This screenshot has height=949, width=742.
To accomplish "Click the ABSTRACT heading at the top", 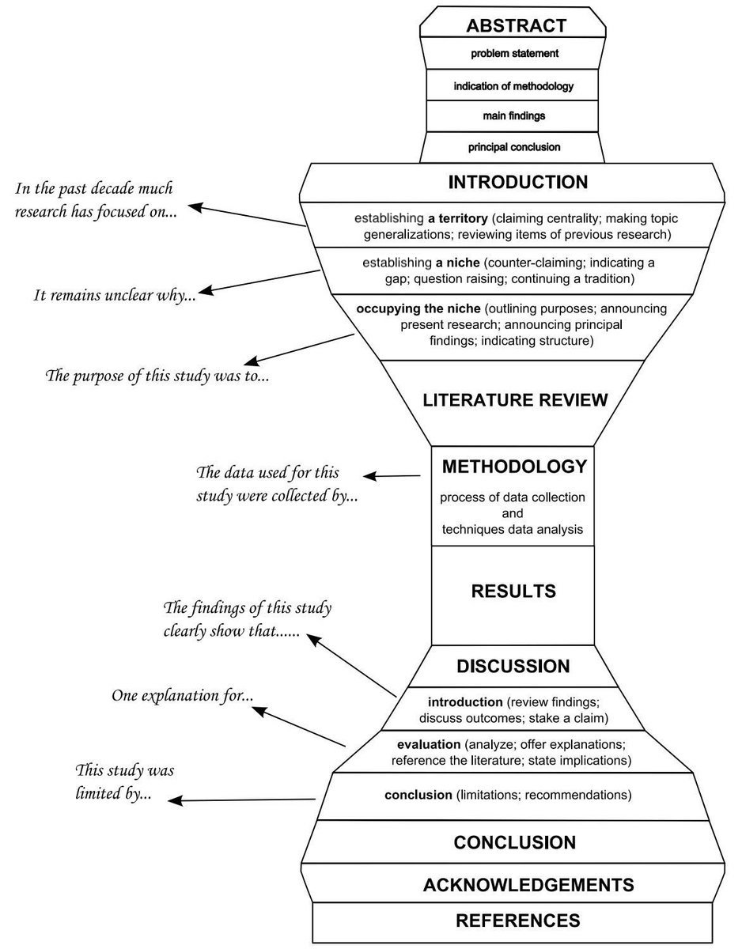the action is click(516, 26).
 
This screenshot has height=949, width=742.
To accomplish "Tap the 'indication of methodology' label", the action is click(513, 86).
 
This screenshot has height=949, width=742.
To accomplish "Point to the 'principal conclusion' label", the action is click(514, 147).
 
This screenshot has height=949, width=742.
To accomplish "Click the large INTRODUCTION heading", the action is click(518, 182).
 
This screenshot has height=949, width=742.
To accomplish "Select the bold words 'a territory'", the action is click(457, 218).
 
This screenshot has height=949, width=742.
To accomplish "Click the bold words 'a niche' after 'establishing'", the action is click(457, 263).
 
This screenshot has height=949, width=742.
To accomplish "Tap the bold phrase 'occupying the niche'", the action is click(418, 308).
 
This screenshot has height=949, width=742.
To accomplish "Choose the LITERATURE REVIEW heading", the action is click(515, 400).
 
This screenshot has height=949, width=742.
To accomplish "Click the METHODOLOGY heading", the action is click(514, 467).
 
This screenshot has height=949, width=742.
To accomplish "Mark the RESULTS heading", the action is click(513, 591).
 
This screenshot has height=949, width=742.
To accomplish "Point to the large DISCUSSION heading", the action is click(513, 666).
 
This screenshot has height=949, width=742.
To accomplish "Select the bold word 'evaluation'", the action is click(429, 744).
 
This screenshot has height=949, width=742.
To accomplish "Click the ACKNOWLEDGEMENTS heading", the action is click(528, 885).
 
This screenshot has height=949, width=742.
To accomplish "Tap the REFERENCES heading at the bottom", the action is click(518, 921).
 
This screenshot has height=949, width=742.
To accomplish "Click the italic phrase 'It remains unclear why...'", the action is click(115, 295).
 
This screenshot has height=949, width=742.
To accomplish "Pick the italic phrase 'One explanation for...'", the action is click(182, 695).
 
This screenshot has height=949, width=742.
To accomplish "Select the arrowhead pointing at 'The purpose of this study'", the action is click(251, 361).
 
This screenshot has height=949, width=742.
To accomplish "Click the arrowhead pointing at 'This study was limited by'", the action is click(174, 801).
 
